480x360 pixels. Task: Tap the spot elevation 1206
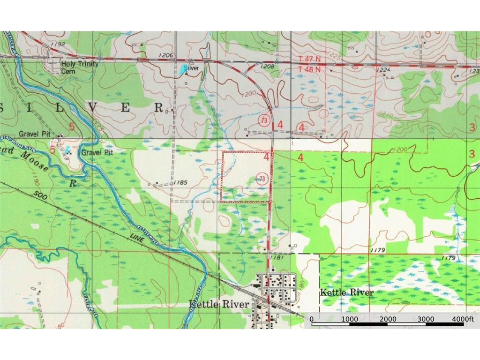coord(166,55)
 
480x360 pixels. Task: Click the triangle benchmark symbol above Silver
coord(191,62)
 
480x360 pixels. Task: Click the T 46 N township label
coord(310,69)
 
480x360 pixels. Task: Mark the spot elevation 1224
coord(384,69)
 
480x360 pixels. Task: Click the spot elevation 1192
coord(59,44)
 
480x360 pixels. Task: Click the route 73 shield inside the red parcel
coord(262,178)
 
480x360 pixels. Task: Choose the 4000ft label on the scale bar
coord(463,319)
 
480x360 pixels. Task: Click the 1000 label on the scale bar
coord(350,319)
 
